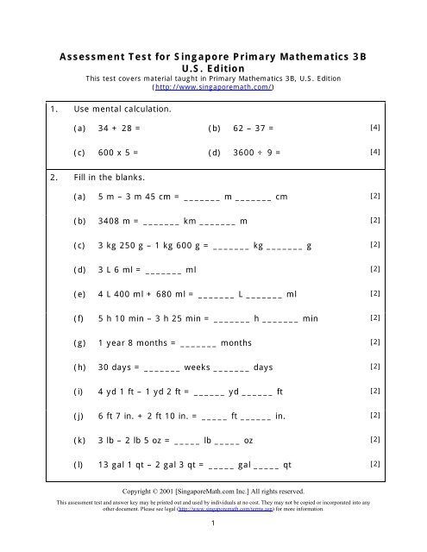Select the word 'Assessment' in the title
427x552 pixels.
[x=97, y=54]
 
